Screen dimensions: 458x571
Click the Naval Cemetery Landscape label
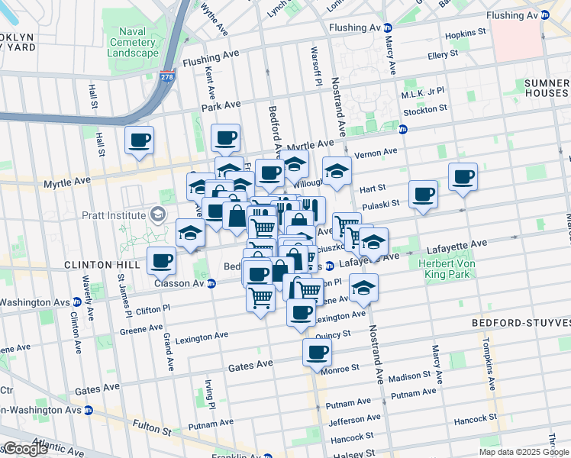(x=133, y=41)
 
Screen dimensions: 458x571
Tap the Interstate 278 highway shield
(x=166, y=76)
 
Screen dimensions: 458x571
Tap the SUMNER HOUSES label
(x=547, y=88)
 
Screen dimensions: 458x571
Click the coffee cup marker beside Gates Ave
(x=317, y=353)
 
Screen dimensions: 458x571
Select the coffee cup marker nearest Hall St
(x=139, y=140)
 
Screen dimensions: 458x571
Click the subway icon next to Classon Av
(x=211, y=283)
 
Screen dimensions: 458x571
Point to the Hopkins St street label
(x=466, y=33)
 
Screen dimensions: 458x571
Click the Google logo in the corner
(x=24, y=449)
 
